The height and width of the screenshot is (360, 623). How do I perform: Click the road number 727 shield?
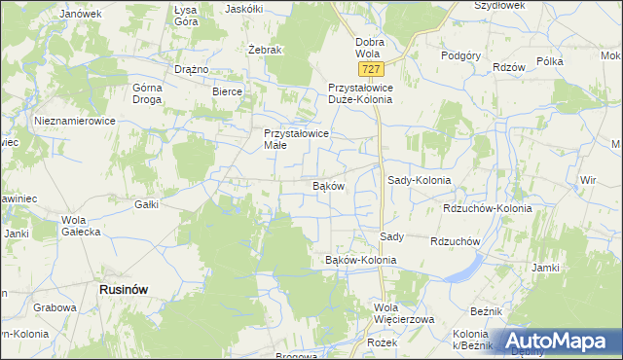click(369, 70)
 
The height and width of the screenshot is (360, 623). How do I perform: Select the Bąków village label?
click(328, 185)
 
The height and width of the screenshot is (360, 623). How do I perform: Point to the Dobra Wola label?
click(370, 48)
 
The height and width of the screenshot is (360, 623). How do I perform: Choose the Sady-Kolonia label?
click(420, 180)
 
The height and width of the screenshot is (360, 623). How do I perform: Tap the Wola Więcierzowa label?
click(400, 314)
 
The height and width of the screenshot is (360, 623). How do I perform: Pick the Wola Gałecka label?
click(81, 226)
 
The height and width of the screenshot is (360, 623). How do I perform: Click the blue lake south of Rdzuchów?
click(466, 266)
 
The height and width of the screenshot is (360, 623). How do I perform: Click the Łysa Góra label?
click(185, 15)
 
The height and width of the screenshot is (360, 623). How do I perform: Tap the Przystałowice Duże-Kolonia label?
click(371, 92)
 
